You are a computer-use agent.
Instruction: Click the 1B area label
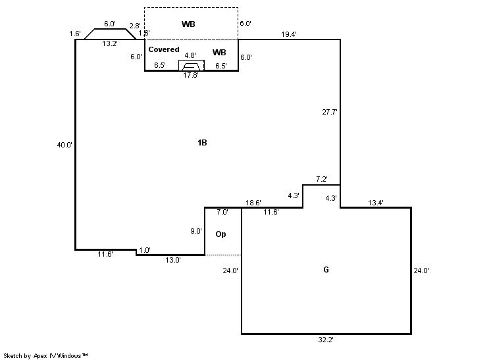pos(203,143)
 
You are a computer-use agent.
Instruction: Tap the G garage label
pos(326,270)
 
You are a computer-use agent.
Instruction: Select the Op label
pos(221,234)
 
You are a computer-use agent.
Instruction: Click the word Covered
pos(163,49)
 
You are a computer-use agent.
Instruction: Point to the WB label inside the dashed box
pos(189,24)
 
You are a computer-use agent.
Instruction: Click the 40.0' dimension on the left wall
pos(65,145)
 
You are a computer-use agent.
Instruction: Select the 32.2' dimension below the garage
pos(326,340)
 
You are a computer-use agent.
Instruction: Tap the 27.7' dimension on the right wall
pos(330,112)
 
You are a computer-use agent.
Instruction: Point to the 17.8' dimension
pos(190,75)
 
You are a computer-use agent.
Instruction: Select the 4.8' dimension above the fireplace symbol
pos(190,56)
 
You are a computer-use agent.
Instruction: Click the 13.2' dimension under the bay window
pos(109,44)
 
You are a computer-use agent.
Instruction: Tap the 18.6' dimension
pos(253,203)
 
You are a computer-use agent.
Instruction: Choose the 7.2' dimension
pos(322,179)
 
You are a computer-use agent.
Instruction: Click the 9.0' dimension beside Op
pos(196,231)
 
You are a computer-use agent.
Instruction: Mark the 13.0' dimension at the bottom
pos(173,260)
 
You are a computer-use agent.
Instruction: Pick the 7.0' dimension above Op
pos(222,212)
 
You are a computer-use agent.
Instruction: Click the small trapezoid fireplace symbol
pos(191,65)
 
